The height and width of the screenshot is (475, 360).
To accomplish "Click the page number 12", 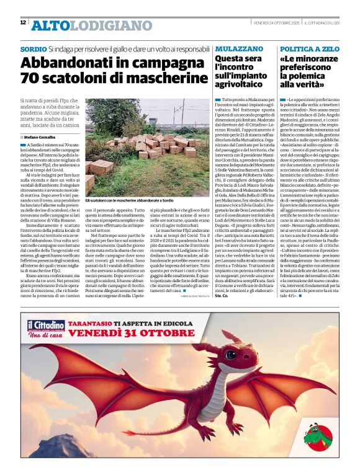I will point(23,22).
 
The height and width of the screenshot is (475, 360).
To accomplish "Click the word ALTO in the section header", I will point(50,25).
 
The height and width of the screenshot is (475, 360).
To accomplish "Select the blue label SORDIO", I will point(33,48).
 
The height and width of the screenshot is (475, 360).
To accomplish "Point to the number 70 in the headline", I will point(31,78).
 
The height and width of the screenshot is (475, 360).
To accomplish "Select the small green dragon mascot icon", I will point(317,433).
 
